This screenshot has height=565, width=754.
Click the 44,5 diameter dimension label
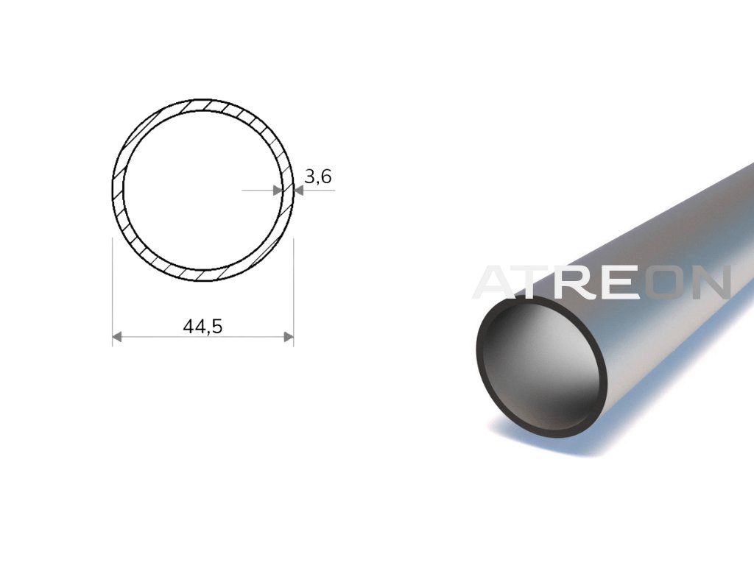pos(202,327)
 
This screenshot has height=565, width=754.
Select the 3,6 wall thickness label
pos(318,177)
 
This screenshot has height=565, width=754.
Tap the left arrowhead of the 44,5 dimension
pos(117,337)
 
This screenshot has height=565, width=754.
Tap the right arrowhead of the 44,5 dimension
pos(289,337)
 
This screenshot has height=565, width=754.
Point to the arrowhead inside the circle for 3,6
pos(278,191)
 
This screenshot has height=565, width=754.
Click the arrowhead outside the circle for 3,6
pos(299,191)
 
